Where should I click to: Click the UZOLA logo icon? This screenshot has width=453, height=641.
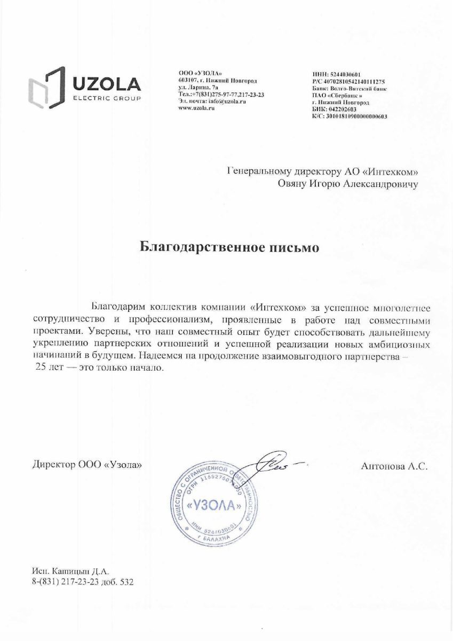tap(46, 87)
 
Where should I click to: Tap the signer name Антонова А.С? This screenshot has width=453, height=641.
tap(395, 466)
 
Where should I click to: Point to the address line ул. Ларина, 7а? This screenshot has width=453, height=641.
tap(198, 87)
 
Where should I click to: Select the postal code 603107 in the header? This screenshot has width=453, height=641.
tap(187, 80)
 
